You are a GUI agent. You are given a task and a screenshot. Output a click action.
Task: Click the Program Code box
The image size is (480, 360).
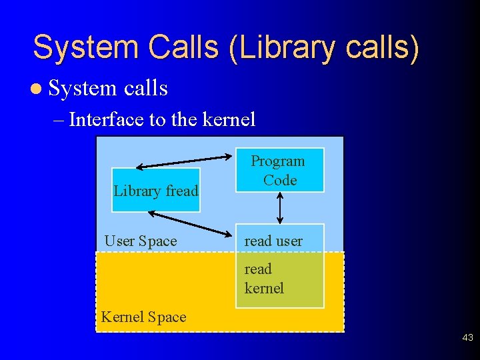pos(279,170)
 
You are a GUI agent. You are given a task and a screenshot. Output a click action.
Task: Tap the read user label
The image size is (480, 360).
pos(273,241)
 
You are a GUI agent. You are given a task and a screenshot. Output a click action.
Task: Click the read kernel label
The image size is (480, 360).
pos(264,279)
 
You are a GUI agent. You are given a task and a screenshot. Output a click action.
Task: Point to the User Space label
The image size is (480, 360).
pos(141,241)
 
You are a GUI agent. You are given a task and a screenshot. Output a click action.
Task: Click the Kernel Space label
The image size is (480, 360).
pos(143,317)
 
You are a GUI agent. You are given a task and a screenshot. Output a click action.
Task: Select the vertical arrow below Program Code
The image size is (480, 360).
pos(279,208)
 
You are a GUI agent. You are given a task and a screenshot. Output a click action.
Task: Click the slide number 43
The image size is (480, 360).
pos(467,339)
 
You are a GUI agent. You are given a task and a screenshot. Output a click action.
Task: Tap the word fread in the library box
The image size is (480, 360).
pos(182,191)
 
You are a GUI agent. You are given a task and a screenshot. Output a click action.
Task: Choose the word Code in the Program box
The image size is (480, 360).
pos(280,180)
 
